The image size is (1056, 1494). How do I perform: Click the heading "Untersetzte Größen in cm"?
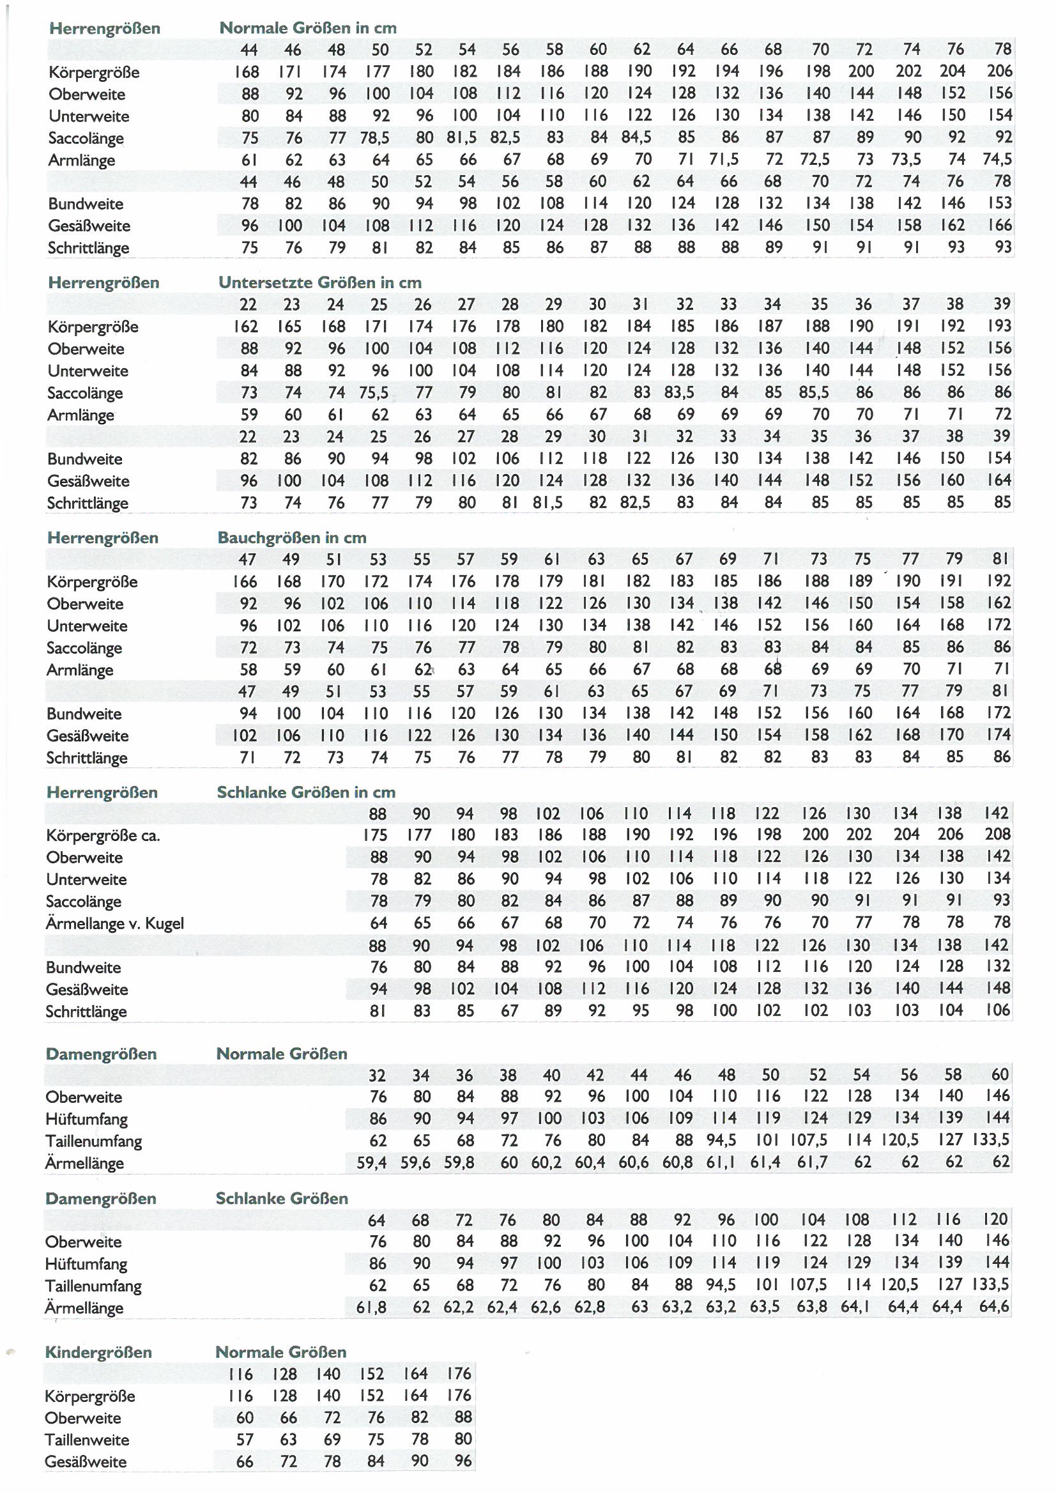(319, 283)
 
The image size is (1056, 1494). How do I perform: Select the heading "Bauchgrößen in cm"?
(291, 538)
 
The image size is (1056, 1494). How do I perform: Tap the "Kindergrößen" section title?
(98, 1352)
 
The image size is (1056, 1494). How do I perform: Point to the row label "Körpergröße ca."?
(103, 835)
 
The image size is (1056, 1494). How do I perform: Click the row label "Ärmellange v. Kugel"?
(114, 923)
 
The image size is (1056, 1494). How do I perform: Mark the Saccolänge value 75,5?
(374, 393)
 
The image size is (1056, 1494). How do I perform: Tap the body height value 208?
(997, 834)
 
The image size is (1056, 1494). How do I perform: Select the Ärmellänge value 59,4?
(371, 1163)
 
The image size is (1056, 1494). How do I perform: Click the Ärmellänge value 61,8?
(371, 1307)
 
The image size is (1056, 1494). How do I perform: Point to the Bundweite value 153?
(999, 203)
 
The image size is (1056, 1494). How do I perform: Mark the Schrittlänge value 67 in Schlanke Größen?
(509, 1011)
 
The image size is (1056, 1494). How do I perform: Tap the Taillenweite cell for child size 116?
(244, 1439)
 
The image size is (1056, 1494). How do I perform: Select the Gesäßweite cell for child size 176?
(463, 1461)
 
